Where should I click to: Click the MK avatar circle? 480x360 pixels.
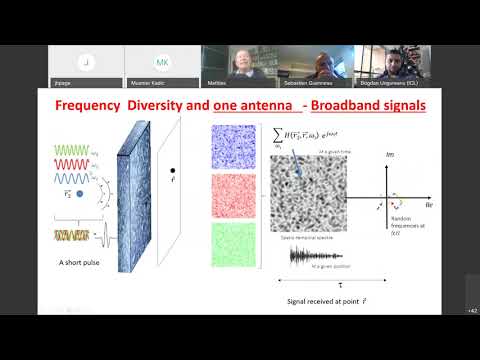[162, 62]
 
